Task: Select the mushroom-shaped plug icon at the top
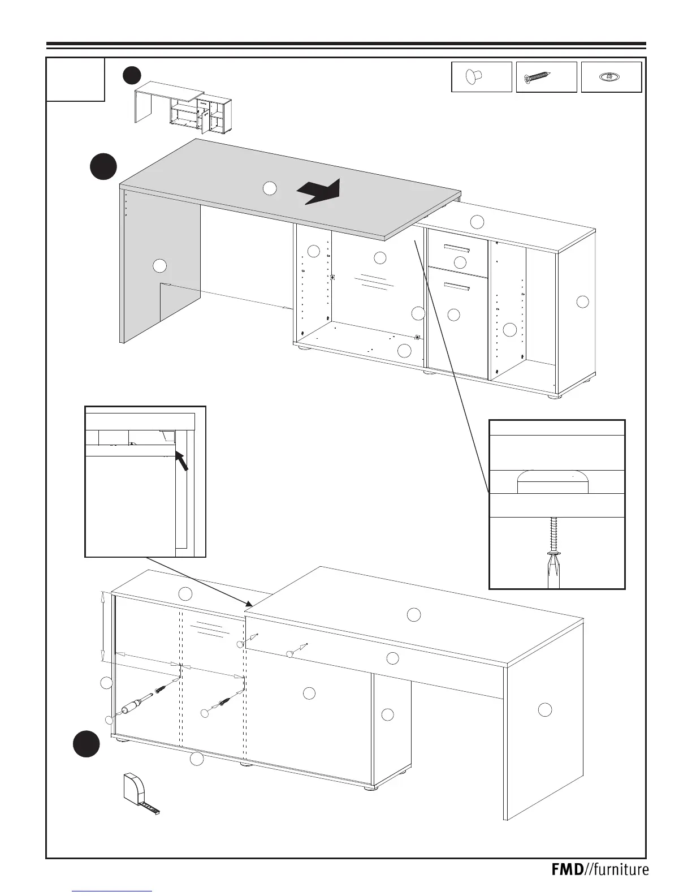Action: pyautogui.click(x=474, y=77)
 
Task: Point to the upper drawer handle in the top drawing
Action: pyautogui.click(x=457, y=248)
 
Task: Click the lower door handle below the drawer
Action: pyautogui.click(x=457, y=286)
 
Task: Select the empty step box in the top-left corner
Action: pyautogui.click(x=75, y=79)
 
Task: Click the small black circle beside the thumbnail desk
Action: pyautogui.click(x=132, y=75)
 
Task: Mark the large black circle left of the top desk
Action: pyautogui.click(x=103, y=166)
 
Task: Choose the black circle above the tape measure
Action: pyautogui.click(x=86, y=743)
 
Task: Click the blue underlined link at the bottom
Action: pyautogui.click(x=113, y=890)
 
